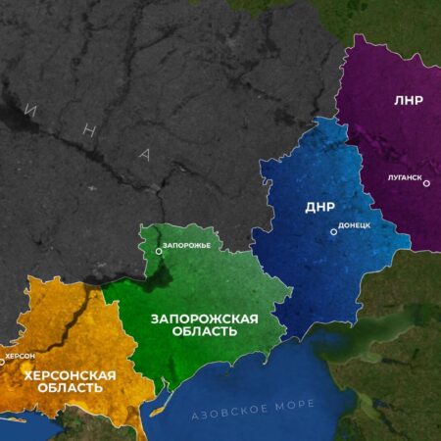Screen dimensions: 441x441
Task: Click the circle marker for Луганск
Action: (x=426, y=183)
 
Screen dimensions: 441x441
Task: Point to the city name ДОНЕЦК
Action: (x=353, y=225)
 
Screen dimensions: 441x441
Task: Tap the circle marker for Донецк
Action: (x=331, y=230)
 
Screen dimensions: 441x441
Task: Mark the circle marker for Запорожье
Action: (x=157, y=252)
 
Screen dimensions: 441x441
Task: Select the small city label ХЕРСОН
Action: (x=20, y=356)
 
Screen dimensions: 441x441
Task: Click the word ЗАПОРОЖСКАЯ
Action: (x=205, y=318)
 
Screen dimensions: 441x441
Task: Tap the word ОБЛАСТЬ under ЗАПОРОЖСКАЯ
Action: (x=205, y=332)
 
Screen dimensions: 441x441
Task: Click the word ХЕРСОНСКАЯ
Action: (x=69, y=374)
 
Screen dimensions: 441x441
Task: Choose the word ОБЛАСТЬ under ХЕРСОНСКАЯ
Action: (x=69, y=388)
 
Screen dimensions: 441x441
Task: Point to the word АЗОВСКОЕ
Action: (x=226, y=406)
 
